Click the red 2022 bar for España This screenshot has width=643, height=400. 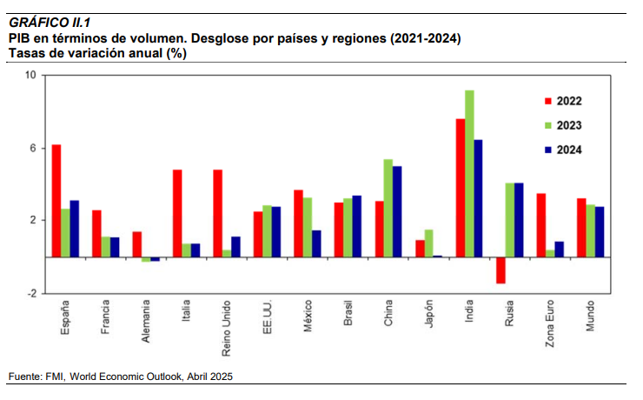[56, 201]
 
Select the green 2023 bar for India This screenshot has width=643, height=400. [469, 174]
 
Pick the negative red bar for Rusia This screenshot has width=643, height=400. [500, 270]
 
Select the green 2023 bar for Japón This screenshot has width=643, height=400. [428, 243]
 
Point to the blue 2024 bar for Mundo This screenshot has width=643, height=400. [600, 231]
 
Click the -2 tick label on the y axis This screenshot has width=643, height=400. [30, 294]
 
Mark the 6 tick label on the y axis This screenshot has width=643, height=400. [32, 148]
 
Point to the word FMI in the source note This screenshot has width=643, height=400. [54, 376]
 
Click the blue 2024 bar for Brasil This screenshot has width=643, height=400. [357, 226]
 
